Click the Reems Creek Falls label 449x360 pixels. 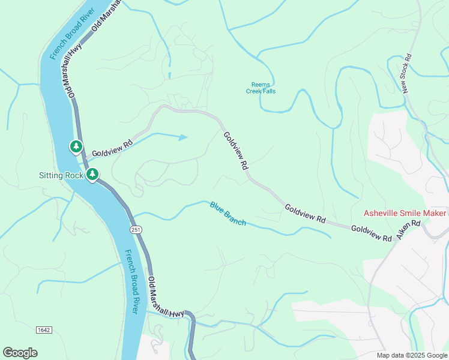[x=261, y=88]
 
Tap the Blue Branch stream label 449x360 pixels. [x=228, y=214]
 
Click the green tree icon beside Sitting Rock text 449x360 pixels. [x=92, y=175]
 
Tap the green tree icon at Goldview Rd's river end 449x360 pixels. [x=76, y=146]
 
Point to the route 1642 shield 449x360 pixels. [x=43, y=330]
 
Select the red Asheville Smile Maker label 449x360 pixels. [x=405, y=214]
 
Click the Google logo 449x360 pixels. [x=20, y=353]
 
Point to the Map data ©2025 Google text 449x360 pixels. [x=411, y=355]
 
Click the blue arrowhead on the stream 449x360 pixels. [x=183, y=137]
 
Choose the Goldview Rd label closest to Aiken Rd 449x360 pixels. [x=371, y=233]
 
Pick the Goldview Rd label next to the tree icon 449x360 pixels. [x=112, y=149]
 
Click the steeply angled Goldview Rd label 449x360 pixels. [x=236, y=152]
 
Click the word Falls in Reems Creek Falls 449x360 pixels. [x=269, y=91]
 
